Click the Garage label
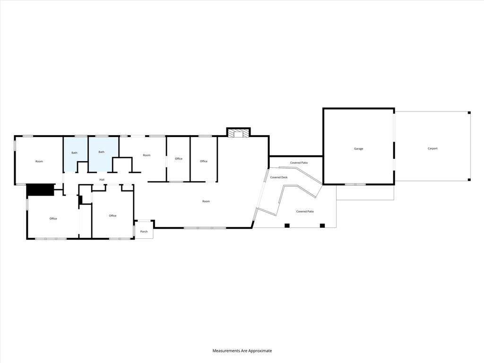(359, 149)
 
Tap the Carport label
(432, 149)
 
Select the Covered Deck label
(279, 177)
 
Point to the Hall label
(102, 180)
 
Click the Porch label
(144, 232)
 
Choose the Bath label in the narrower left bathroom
(75, 153)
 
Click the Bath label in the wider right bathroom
(102, 152)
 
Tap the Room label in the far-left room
(39, 162)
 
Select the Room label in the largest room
(206, 201)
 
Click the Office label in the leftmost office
(53, 218)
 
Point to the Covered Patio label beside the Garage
(299, 163)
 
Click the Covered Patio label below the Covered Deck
(305, 211)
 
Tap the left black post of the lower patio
(287, 225)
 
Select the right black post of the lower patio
(322, 225)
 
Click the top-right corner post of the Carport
(469, 112)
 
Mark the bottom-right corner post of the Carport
(469, 180)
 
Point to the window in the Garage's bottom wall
(355, 184)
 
